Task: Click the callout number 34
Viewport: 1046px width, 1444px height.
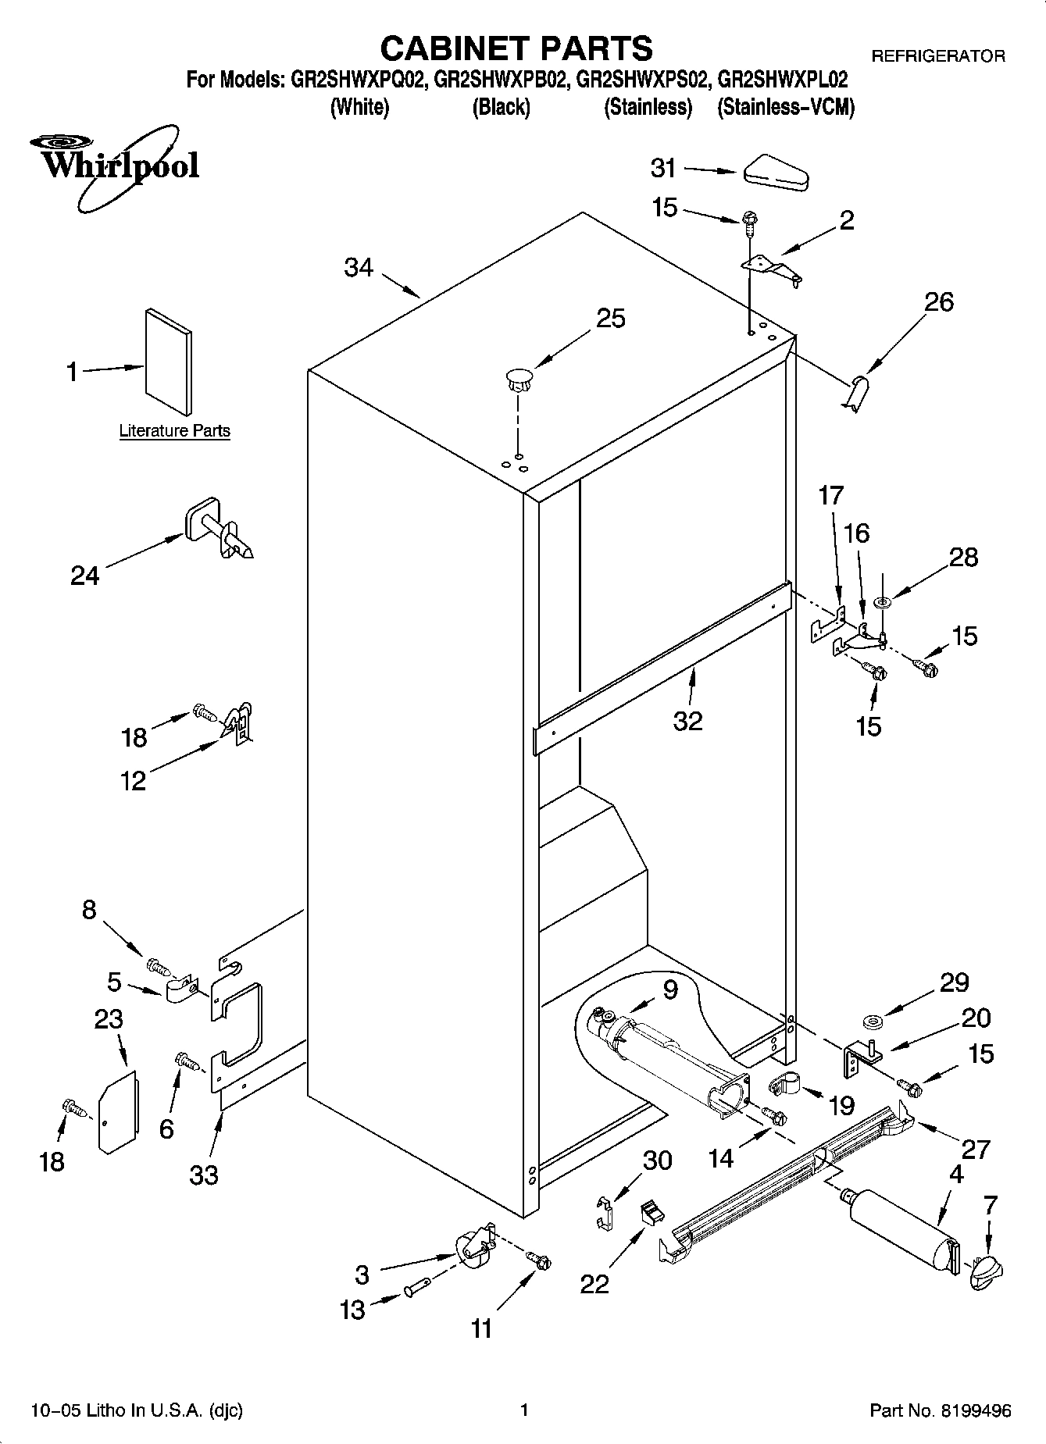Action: (359, 268)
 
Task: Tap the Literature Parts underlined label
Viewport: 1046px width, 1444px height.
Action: (174, 430)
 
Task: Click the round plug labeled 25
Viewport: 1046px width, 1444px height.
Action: (517, 380)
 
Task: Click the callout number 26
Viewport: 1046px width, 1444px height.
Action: (939, 302)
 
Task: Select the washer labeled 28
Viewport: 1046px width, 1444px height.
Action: (884, 602)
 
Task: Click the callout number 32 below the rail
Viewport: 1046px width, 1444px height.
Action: (688, 721)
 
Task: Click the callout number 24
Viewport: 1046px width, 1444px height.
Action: (85, 576)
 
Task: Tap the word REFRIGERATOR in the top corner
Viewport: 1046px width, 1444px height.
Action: (937, 56)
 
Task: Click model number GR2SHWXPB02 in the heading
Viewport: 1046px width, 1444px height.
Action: (499, 80)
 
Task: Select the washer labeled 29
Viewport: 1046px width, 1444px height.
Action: (873, 1021)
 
